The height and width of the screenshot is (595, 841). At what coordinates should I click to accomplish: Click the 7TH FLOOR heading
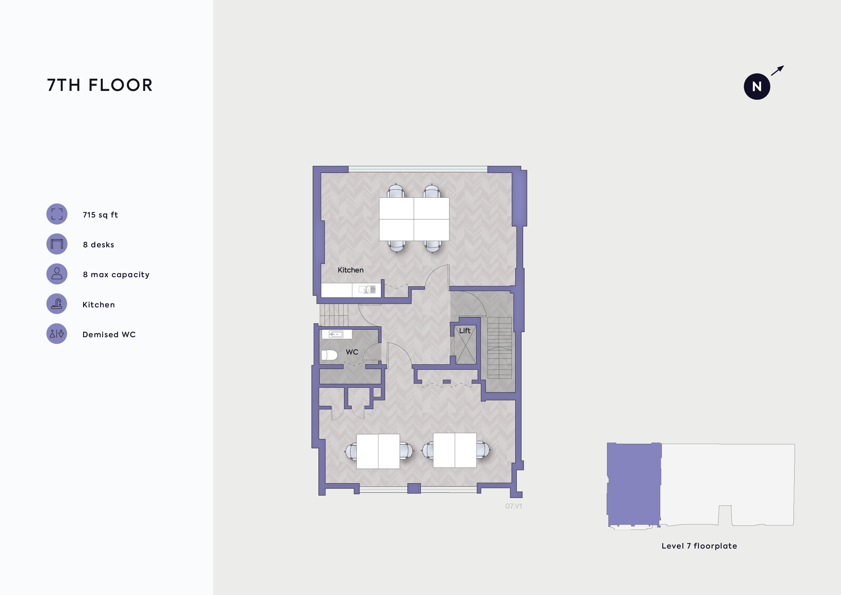100,85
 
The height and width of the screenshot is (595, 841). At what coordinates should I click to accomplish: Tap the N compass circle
757,87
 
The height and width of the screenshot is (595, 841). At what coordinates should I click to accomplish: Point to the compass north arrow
777,70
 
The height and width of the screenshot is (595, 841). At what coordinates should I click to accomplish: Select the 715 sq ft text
100,215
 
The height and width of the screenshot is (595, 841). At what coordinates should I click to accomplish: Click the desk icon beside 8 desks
57,244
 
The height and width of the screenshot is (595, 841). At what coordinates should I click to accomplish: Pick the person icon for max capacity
57,274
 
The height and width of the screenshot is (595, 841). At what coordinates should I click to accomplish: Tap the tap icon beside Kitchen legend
57,304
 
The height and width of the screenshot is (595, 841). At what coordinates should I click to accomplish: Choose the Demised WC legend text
109,334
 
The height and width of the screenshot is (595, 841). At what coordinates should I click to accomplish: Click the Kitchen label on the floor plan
351,270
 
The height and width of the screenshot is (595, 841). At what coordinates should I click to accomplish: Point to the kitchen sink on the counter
367,290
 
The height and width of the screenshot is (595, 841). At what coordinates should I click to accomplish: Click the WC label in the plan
352,352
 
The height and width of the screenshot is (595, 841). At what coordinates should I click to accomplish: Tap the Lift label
465,330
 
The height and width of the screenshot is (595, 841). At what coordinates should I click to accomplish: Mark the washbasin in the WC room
336,334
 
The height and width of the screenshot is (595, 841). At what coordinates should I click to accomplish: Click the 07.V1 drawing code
513,506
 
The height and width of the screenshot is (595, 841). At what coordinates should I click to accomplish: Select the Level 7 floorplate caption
699,546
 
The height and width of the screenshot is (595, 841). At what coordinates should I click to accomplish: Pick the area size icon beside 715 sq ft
57,214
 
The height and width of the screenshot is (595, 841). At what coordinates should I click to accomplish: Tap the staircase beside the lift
499,348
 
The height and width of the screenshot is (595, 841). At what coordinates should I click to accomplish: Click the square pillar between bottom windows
414,488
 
